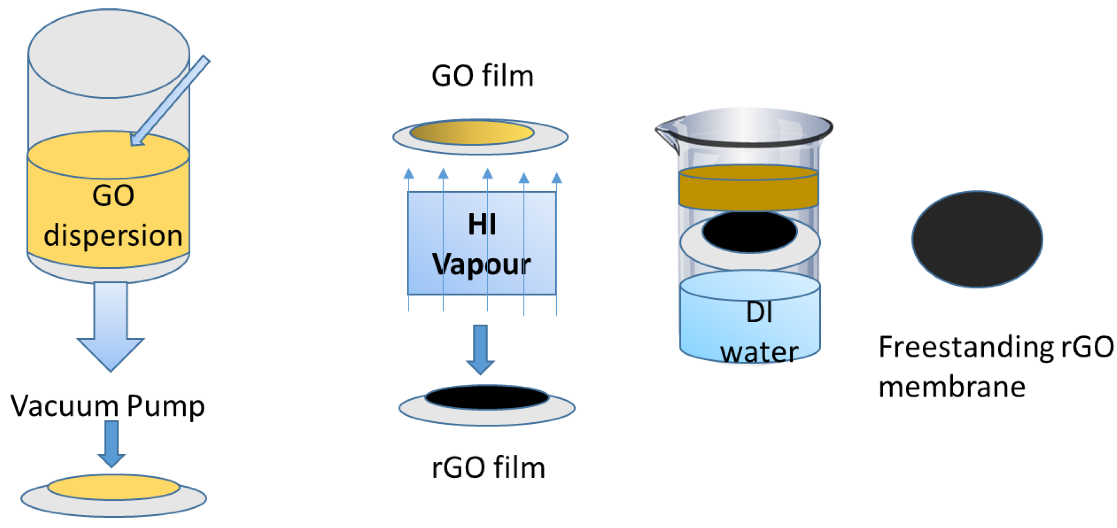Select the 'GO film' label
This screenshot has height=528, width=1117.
(x=482, y=76)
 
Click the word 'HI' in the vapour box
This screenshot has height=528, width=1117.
(x=482, y=225)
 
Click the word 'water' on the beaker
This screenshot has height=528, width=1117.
(x=759, y=352)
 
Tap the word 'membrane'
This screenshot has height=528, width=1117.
(x=952, y=387)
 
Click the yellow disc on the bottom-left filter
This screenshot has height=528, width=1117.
(x=114, y=487)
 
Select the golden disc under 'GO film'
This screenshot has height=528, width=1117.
(x=472, y=133)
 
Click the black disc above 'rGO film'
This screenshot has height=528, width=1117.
(x=487, y=398)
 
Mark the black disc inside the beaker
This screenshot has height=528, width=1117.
(x=749, y=231)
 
